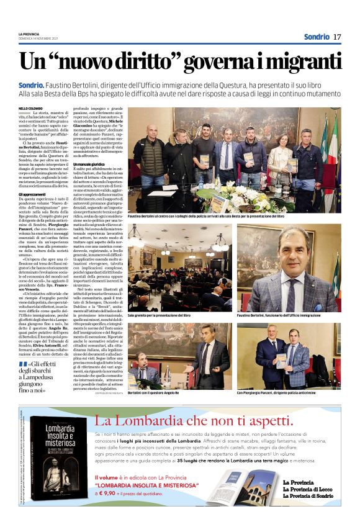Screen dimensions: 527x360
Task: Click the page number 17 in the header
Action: pos(337,37)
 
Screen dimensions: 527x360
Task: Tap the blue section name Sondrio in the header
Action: pos(316,37)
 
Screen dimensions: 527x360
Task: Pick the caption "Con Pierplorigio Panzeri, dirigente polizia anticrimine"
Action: pos(282,393)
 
